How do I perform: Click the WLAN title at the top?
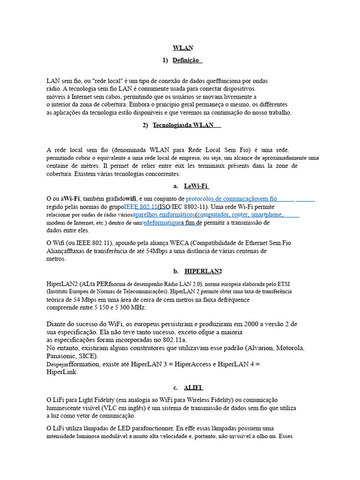point(183,48)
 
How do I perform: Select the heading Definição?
point(187,60)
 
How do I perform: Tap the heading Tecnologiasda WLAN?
point(183,125)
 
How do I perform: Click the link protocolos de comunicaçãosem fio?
point(231,199)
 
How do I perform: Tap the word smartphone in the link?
point(267,215)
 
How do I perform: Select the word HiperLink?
point(61,372)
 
